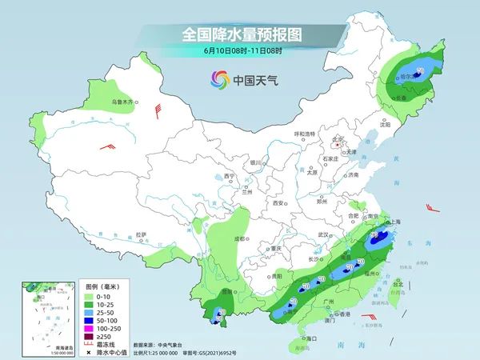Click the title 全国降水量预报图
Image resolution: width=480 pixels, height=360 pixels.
[240, 35]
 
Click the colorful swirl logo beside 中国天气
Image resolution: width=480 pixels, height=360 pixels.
[218, 79]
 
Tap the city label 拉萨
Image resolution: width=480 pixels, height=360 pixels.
[142, 234]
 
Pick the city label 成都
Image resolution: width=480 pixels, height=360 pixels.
[238, 238]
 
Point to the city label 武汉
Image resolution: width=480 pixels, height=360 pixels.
[324, 234]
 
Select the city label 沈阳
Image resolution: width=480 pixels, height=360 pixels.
[386, 124]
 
